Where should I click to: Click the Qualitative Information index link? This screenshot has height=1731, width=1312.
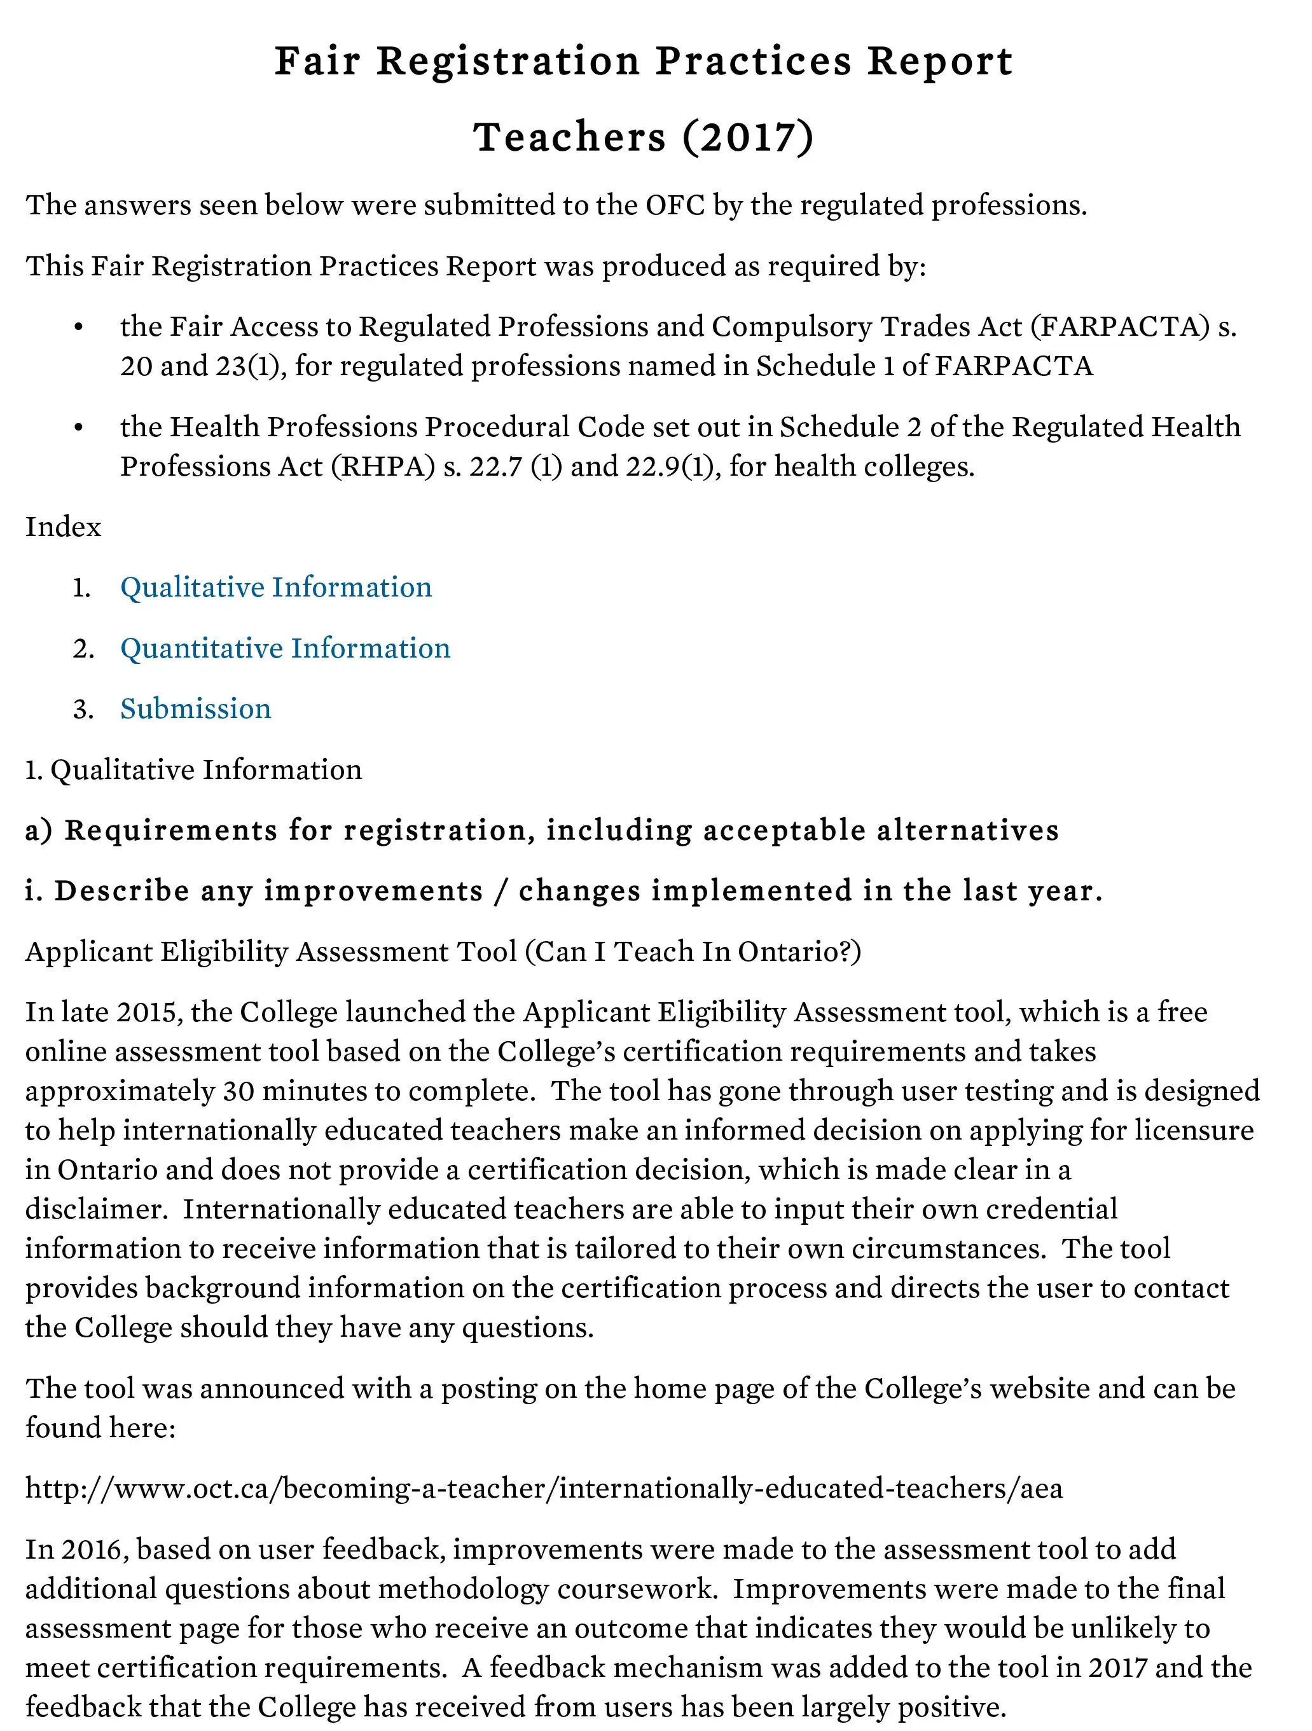click(275, 588)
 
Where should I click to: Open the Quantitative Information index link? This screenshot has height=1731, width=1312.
click(285, 649)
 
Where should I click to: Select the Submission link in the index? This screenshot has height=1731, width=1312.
click(196, 709)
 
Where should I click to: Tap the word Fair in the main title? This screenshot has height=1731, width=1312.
click(317, 62)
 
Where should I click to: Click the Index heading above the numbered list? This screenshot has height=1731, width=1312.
click(64, 527)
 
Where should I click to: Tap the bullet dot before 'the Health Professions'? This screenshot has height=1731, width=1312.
click(78, 428)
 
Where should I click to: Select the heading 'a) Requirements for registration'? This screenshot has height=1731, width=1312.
click(542, 831)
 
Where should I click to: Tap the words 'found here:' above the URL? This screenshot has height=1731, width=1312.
click(100, 1428)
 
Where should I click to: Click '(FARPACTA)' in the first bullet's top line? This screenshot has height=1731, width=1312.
click(1120, 327)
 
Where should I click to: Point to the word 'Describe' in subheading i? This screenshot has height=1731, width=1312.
click(121, 892)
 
